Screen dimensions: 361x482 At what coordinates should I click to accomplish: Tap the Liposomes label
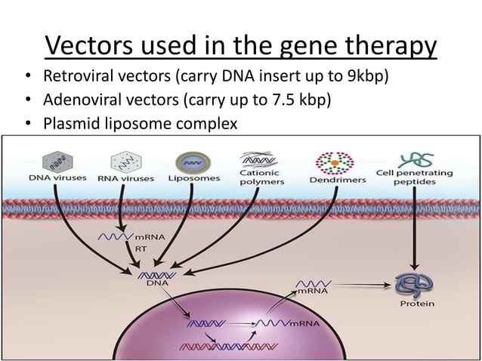(x=194, y=179)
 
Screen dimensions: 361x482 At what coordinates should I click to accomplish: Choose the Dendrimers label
(x=338, y=180)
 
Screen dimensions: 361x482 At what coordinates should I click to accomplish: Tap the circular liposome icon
(x=194, y=160)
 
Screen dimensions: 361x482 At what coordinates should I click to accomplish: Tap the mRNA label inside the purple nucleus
(x=305, y=322)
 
